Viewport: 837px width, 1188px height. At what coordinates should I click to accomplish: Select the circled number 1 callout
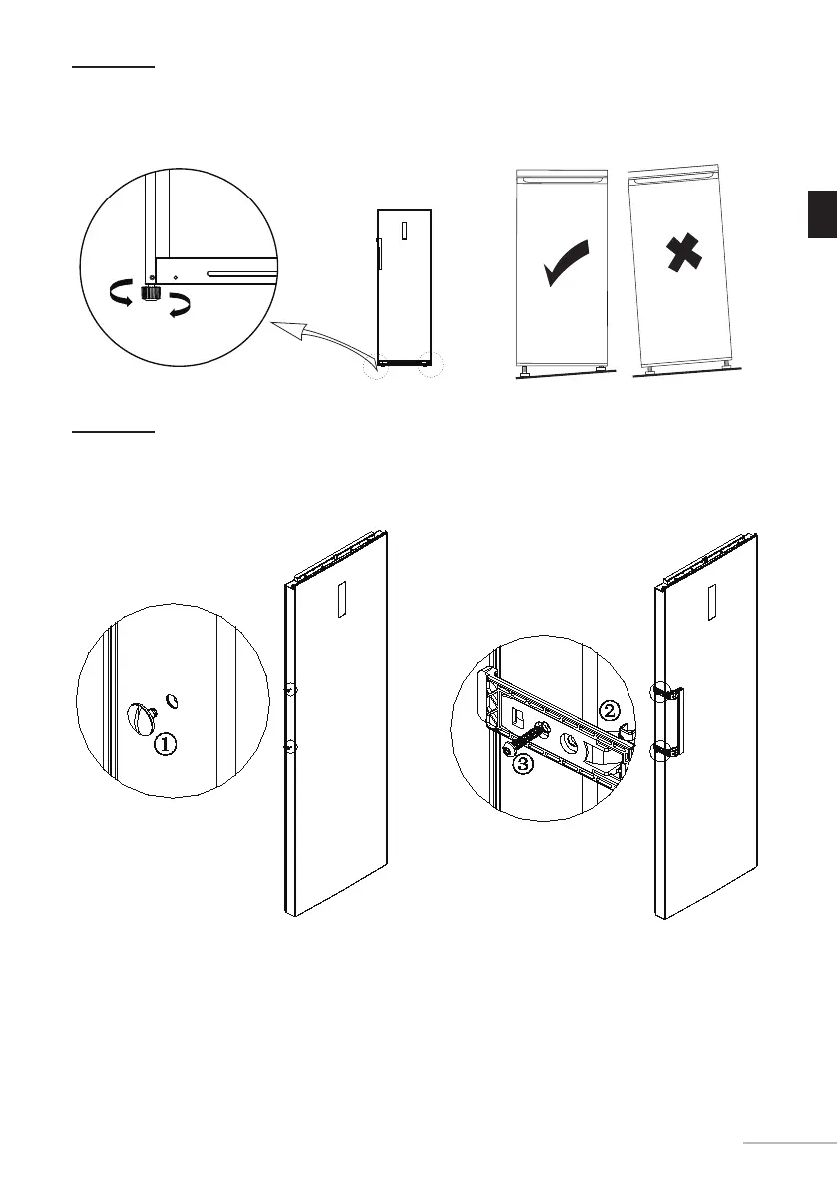[167, 743]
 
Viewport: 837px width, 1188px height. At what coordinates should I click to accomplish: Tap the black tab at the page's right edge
[822, 214]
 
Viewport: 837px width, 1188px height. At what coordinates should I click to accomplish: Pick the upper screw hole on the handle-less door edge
[288, 689]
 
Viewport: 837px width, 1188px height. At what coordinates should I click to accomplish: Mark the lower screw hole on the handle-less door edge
[288, 745]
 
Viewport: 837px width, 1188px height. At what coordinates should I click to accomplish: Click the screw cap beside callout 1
[139, 715]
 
